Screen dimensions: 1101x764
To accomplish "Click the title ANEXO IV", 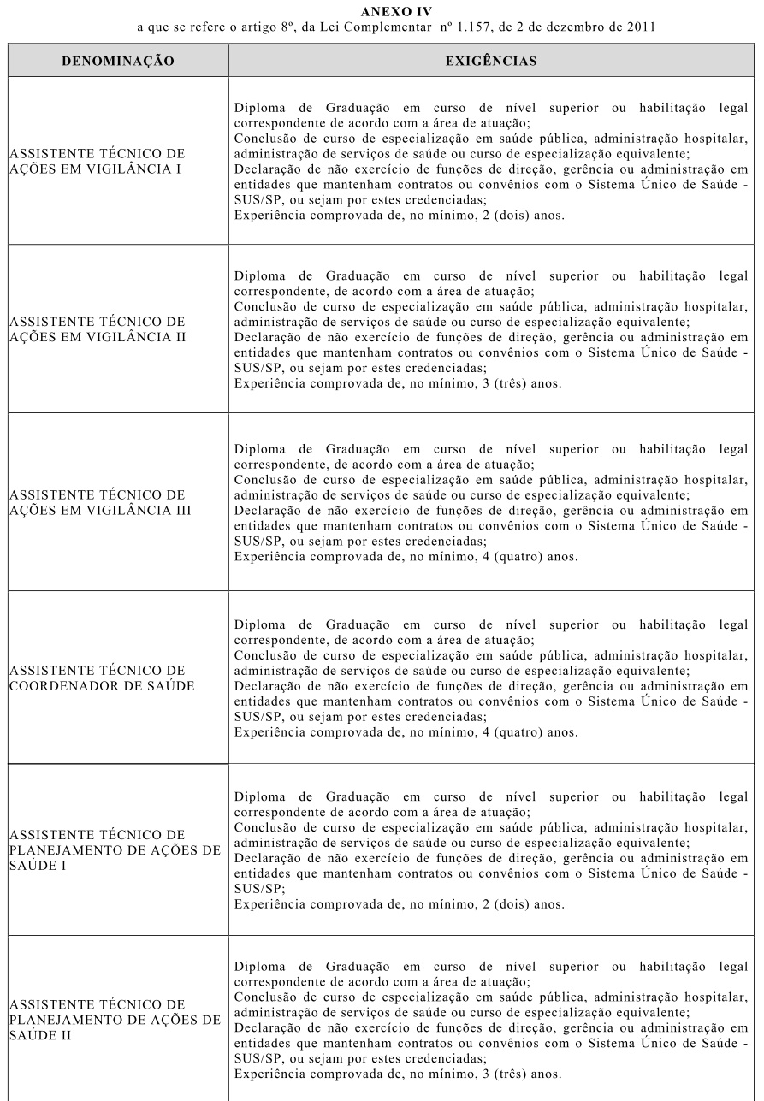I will click(382, 11).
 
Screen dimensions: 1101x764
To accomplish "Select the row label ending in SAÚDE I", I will click(112, 849).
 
